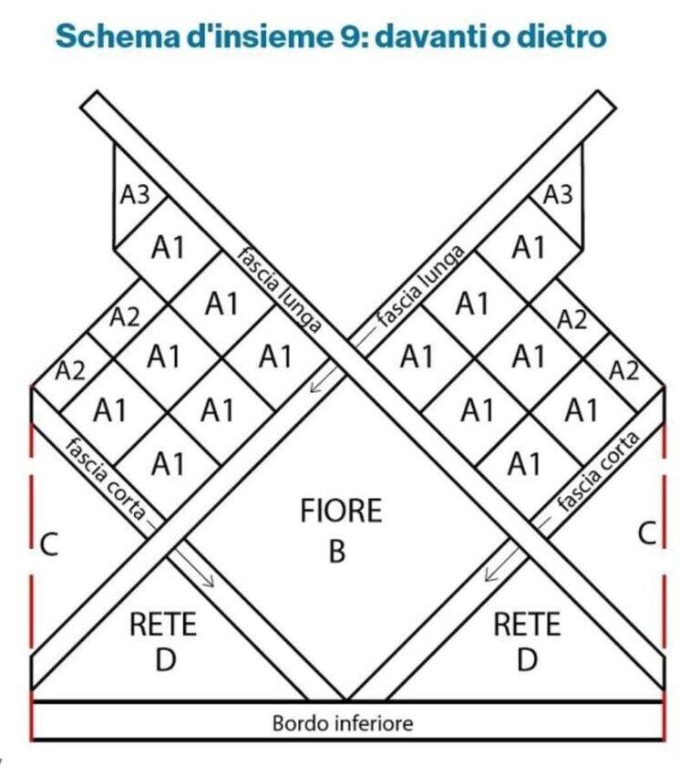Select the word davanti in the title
click(x=431, y=36)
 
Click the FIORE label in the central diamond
click(x=341, y=511)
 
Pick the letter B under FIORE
click(x=337, y=552)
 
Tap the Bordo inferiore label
click(x=343, y=722)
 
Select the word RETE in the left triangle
click(x=163, y=624)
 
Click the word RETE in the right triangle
click(x=527, y=624)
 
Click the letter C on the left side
click(x=49, y=544)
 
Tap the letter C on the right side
click(x=647, y=532)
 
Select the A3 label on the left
click(x=135, y=195)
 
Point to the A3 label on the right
click(x=558, y=194)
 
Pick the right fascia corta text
click(x=598, y=471)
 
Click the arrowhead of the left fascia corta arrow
click(x=210, y=582)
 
